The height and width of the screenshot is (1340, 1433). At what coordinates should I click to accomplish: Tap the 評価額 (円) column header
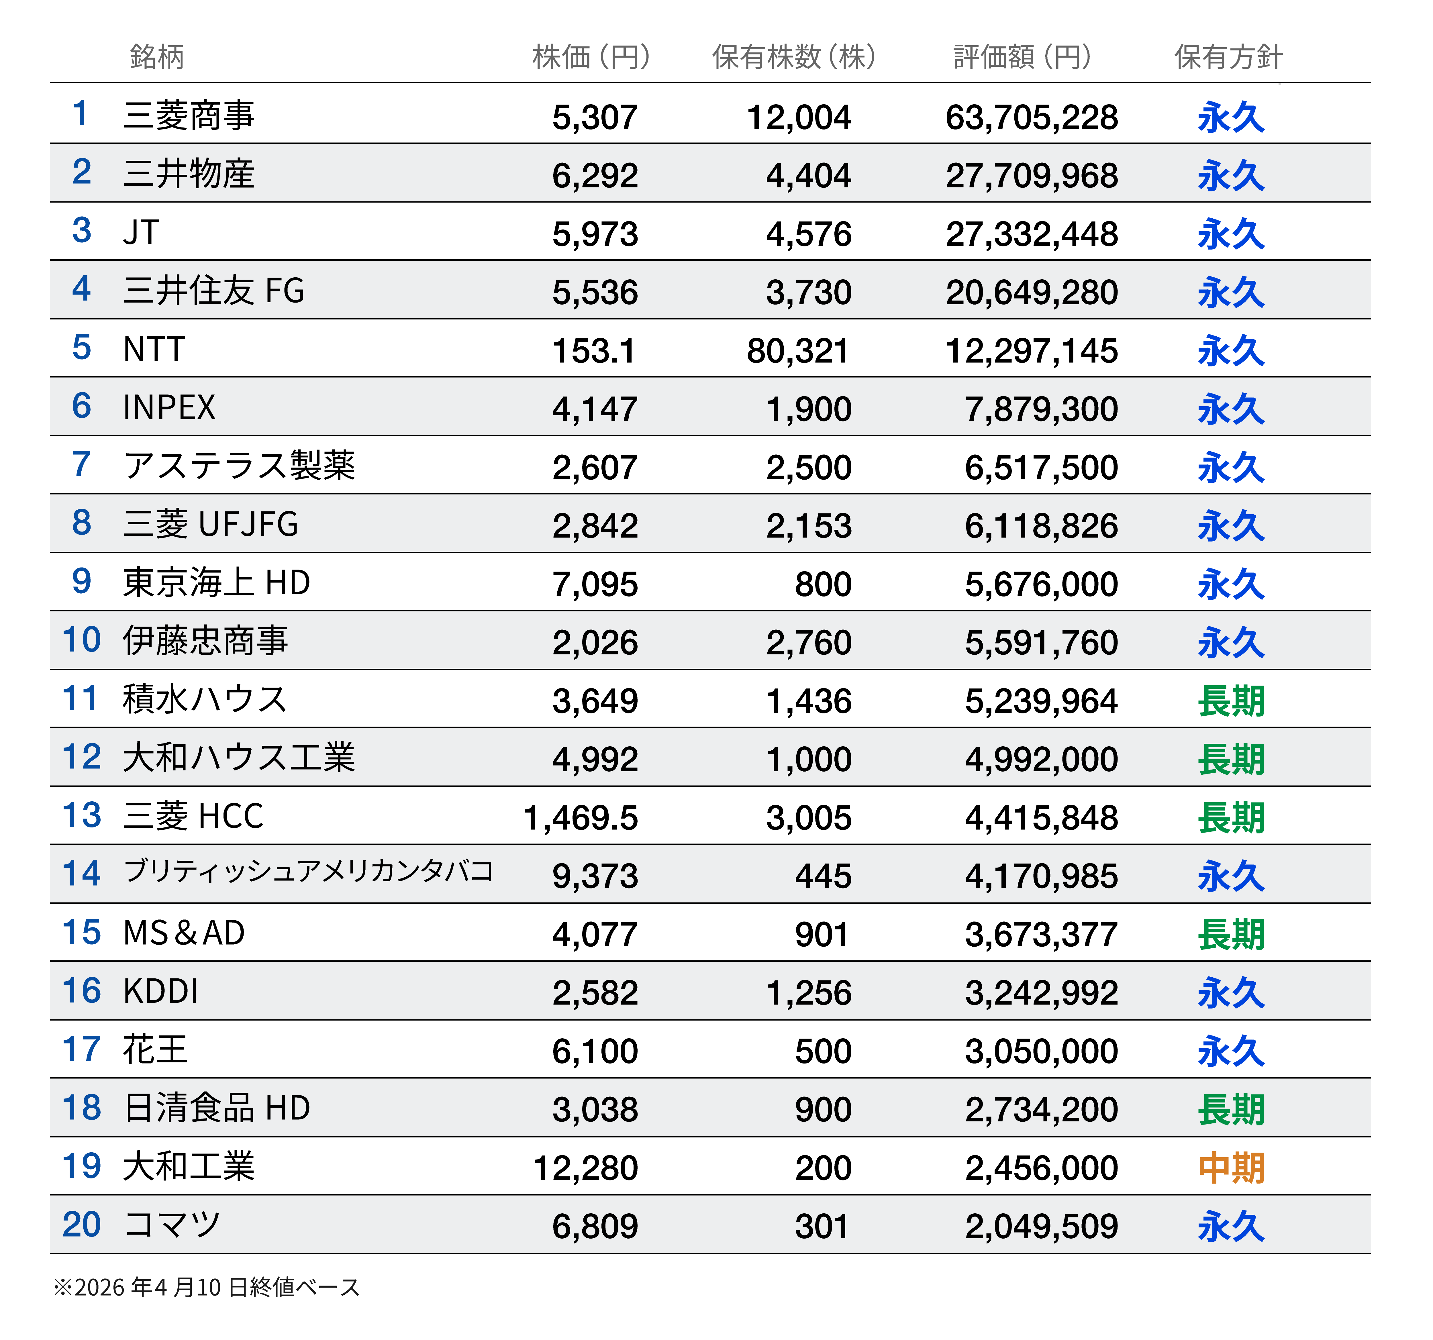1022,56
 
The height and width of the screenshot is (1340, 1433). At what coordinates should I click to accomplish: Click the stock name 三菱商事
189,115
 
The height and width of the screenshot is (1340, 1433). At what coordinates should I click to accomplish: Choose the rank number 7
81,464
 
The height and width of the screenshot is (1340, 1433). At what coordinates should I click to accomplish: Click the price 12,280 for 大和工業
585,1168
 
